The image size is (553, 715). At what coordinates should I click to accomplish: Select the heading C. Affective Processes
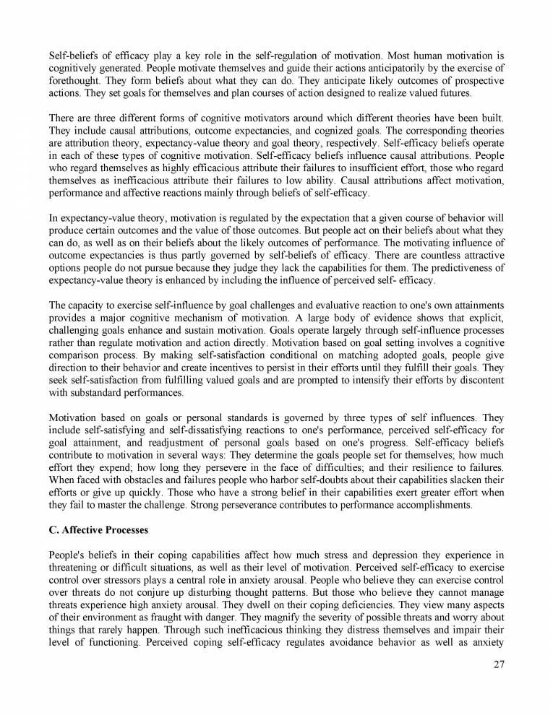pos(98,530)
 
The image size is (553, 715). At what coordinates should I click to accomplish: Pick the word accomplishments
pos(427,505)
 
